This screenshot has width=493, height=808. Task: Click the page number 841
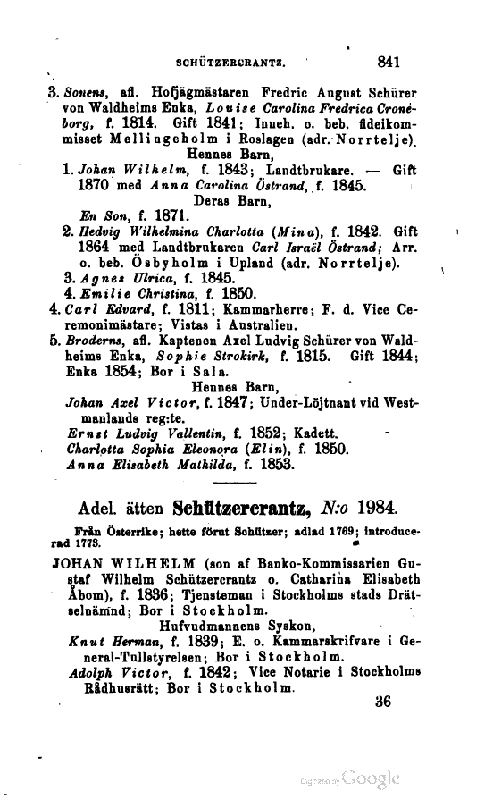pyautogui.click(x=389, y=63)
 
